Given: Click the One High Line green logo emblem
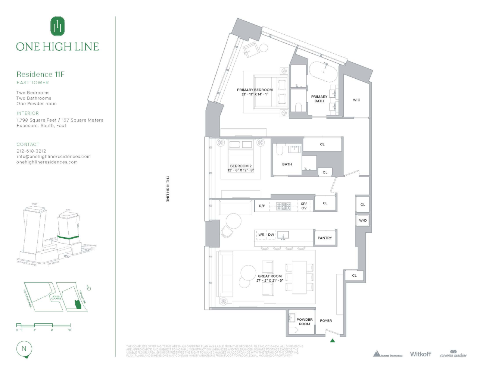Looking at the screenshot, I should point(57,26).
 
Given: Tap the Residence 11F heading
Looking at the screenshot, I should point(40,74).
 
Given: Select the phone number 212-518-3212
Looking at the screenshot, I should point(31,151).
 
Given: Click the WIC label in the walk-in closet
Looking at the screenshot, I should point(356,100).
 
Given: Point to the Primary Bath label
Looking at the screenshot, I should point(319,99).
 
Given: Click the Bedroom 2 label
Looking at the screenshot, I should point(241,166).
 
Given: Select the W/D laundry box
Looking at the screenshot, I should point(363,220).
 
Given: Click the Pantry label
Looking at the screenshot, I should point(325,238).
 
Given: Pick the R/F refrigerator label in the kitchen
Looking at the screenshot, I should point(262,206).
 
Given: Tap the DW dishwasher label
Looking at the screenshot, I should point(271,235).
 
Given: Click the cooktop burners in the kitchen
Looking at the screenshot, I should point(283,206).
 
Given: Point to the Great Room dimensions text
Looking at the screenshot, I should point(269,281).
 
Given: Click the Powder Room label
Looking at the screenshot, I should point(305,322).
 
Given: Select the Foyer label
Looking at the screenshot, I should point(326,321).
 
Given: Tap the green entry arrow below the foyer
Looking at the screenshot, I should point(333,340).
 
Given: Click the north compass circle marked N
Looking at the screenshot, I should point(24,349).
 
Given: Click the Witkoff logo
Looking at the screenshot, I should point(420,354).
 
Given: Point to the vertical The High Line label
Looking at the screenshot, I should point(168,189).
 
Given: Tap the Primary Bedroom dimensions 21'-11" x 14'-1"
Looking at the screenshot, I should point(255,94).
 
